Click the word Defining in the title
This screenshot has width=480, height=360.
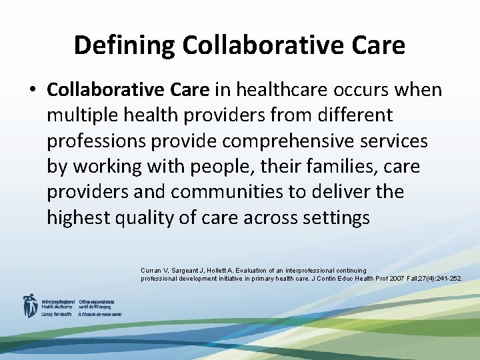pos(124,45)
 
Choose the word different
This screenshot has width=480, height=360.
pos(355,115)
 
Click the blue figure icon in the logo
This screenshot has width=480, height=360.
pos(30,305)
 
